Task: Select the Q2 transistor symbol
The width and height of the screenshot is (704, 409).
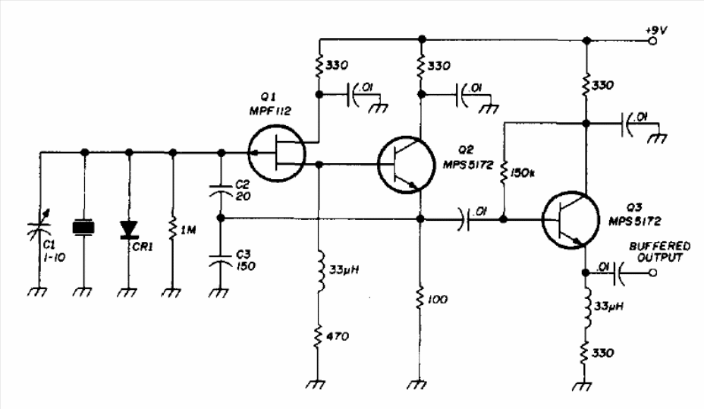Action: tap(406, 163)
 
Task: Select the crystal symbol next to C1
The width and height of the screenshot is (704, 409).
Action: tap(84, 227)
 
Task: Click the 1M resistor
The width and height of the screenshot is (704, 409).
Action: tap(173, 228)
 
